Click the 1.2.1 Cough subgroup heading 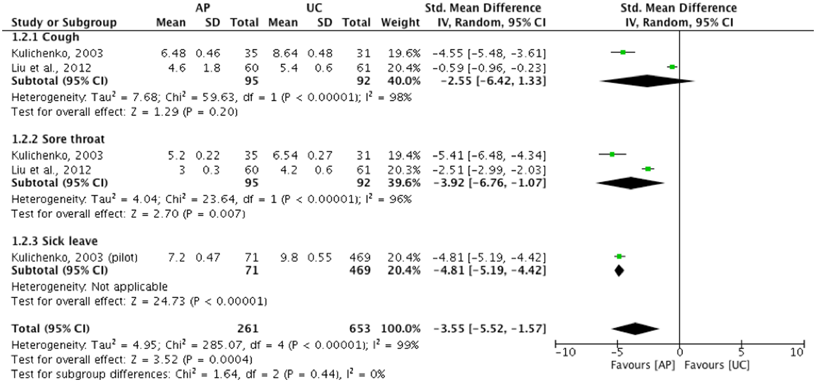tap(45, 37)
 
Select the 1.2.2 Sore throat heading tap(58, 139)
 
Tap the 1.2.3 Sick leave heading tap(54, 241)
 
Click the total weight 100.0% tap(400, 328)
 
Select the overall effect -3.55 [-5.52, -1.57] tap(490, 328)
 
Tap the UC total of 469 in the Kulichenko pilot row tap(360, 257)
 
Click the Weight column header tap(400, 22)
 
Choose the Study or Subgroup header tap(64, 22)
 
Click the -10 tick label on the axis tap(566, 353)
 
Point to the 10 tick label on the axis tap(797, 353)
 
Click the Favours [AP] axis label tap(642, 365)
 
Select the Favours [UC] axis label tap(717, 365)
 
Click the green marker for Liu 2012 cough tap(672, 67)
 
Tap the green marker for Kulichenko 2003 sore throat tap(612, 154)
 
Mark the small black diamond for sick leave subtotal tap(619, 271)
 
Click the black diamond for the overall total tap(635, 328)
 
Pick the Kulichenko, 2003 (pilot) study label tap(74, 257)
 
